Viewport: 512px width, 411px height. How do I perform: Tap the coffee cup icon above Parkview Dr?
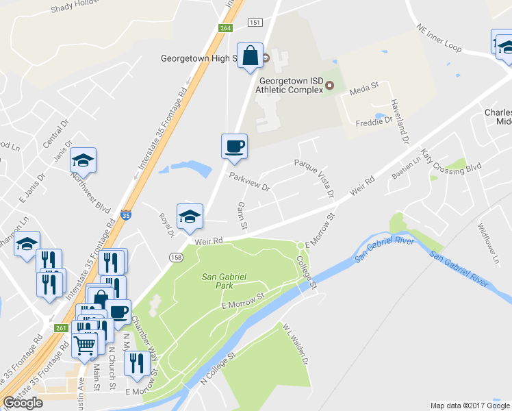[234, 146]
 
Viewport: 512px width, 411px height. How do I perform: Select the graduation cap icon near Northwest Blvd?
[84, 160]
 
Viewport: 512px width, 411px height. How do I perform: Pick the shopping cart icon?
[85, 345]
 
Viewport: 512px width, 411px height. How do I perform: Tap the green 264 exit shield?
[225, 28]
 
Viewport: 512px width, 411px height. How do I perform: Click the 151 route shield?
[255, 23]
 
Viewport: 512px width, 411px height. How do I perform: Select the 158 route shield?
[176, 256]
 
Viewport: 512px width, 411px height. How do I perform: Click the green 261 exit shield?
[61, 327]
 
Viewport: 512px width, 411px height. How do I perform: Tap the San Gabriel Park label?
[224, 281]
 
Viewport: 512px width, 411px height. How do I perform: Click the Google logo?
[23, 403]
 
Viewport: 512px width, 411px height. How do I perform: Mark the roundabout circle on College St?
[300, 245]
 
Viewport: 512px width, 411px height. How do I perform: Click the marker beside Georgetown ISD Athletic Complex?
[329, 86]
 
